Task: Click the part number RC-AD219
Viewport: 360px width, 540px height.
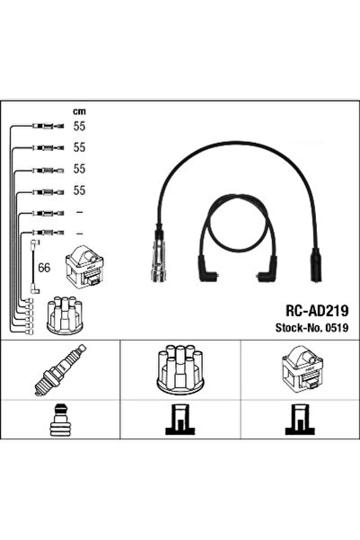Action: pos(317,311)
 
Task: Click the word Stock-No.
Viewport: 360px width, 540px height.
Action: pos(299,328)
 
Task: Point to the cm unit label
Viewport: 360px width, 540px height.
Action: pos(79,111)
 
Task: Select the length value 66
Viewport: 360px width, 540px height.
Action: pos(44,268)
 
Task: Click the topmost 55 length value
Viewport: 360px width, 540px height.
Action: pos(79,127)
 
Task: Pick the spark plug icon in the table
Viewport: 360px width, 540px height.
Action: pos(60,370)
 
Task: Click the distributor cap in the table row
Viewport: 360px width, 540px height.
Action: pos(180,369)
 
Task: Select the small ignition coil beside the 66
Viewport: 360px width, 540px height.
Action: pos(84,267)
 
